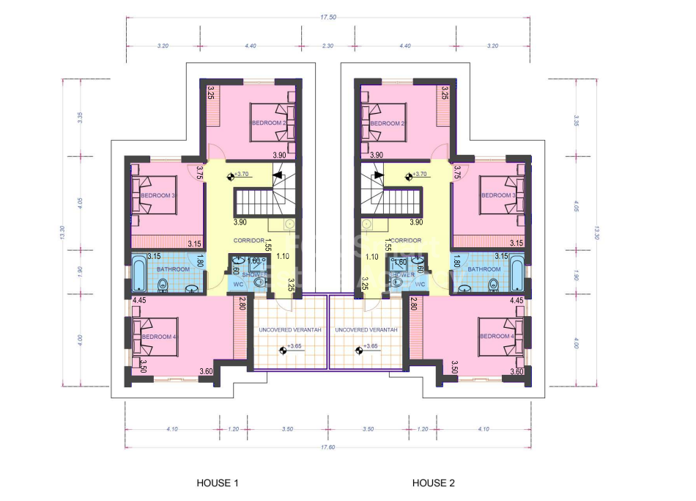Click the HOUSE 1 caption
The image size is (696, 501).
pos(218,483)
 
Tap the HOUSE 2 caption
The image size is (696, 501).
pos(434,483)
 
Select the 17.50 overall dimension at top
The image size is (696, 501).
pos(328,17)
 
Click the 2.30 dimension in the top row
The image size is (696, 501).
pos(327,45)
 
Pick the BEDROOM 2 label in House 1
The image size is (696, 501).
pos(268,123)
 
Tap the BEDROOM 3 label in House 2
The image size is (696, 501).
pos(497,195)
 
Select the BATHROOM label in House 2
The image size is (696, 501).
pos(484,269)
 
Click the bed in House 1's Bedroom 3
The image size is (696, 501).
pos(156,195)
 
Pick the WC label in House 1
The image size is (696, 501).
pos(237,284)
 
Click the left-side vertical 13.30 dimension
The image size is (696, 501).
pos(64,233)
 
